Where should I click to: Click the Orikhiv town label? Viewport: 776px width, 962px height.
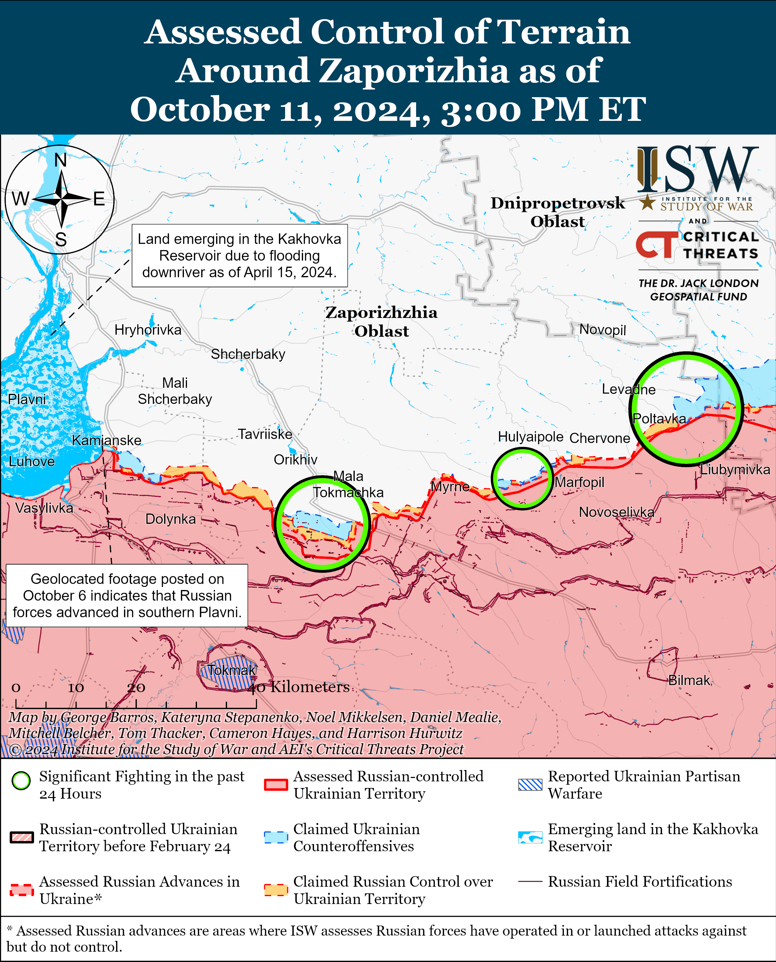tap(295, 459)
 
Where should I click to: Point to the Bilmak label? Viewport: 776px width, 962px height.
tap(689, 680)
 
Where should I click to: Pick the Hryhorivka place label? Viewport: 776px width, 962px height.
tap(148, 330)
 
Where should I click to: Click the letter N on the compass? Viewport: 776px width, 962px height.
tap(60, 160)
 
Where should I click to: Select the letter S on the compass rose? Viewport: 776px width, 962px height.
tap(61, 240)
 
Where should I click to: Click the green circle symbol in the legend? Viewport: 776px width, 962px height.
tap(21, 781)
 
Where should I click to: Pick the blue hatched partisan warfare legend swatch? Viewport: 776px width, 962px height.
tap(530, 785)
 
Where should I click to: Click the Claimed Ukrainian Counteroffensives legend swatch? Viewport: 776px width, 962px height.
tap(275, 837)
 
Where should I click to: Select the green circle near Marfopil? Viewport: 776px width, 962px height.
tap(522, 478)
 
